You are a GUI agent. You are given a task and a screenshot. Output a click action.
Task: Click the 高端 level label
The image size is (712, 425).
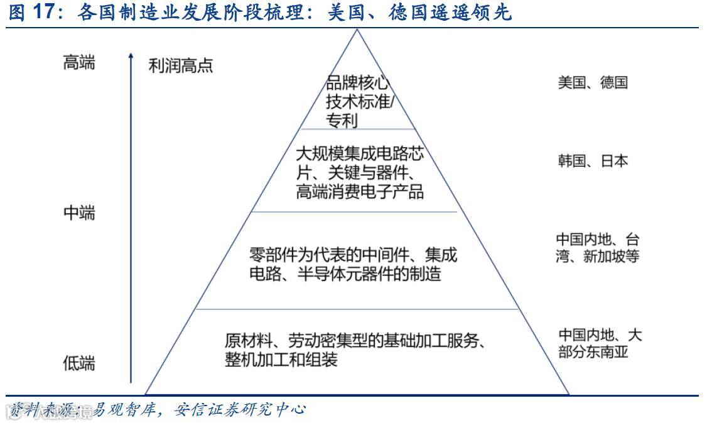click(x=79, y=63)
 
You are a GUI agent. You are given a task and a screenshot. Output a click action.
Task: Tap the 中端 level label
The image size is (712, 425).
click(x=79, y=213)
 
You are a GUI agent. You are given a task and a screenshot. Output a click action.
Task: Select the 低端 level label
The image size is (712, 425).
click(x=79, y=363)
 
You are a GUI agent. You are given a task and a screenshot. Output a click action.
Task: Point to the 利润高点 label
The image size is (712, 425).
click(x=181, y=65)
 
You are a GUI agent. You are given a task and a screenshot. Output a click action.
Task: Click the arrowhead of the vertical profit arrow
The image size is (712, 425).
click(x=131, y=57)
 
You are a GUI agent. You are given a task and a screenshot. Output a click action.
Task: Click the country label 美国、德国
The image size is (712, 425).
click(x=592, y=82)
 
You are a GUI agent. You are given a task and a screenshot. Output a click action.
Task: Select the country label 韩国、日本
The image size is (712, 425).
click(x=592, y=161)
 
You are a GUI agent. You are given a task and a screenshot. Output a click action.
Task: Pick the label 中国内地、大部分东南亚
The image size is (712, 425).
click(x=600, y=343)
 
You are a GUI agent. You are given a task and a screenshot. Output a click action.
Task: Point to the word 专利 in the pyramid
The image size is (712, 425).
click(x=342, y=120)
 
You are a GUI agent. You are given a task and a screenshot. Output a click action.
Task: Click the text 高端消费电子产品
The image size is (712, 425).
click(x=360, y=192)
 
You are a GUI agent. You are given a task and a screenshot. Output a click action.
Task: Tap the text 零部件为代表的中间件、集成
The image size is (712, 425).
click(x=353, y=255)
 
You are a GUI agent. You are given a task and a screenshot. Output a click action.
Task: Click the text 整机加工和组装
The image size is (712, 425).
click(x=281, y=360)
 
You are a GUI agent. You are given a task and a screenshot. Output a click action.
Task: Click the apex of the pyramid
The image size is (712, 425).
click(x=357, y=30)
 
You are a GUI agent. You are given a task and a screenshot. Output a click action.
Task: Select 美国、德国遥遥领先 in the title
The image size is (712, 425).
click(x=419, y=13)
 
